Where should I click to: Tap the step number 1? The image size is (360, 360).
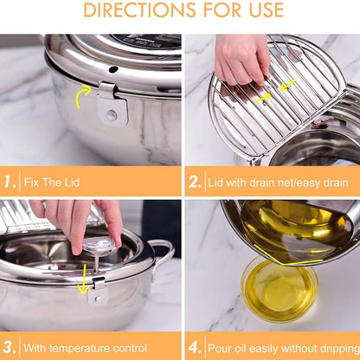pos(10,182)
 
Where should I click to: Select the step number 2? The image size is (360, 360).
pos(195,182)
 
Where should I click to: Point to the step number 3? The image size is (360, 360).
pos(10,347)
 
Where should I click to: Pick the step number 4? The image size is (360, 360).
pos(195,347)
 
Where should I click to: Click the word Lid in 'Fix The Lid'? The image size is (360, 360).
pos(71,183)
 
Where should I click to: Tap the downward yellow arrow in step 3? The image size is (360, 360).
pos(84,279)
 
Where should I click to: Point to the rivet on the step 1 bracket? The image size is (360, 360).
pos(112,115)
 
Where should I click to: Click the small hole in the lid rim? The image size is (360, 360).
pos(113,69)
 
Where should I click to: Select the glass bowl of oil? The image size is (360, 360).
pos(280,289)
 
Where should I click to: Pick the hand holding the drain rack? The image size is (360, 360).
pos(242,59)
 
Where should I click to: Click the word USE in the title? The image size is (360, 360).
pos(267,10)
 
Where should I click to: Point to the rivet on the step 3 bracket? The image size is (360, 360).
pos(99,299)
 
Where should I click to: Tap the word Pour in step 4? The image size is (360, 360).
pos(220,348)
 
